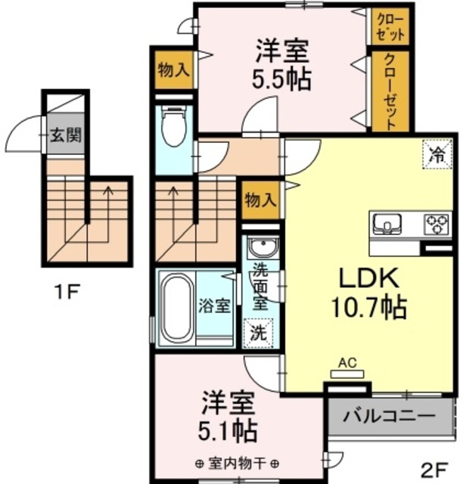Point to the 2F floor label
coord(437,469)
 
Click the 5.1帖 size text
coord(228,431)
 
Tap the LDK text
coord(368,279)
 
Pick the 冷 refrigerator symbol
coord(436,156)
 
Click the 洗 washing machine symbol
coord(259,331)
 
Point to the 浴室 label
coord(214,306)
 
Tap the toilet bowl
coord(173,129)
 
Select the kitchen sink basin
coord(385,222)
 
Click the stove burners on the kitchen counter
coord(436,222)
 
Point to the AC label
coord(348,363)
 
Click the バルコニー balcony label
coord(389,416)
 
